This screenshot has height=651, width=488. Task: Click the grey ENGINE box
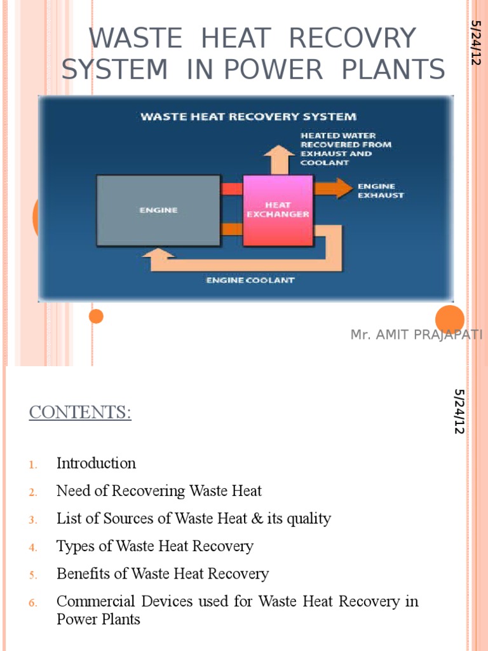[158, 210]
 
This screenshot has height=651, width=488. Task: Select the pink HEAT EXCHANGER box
[278, 210]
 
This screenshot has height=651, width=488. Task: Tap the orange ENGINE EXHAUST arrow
[334, 188]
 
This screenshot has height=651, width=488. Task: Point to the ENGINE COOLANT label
[250, 280]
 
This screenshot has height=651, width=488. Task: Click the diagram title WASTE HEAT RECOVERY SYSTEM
[248, 116]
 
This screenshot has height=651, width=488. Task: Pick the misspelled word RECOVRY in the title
[352, 39]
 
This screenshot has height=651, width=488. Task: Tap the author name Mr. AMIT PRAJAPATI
[416, 335]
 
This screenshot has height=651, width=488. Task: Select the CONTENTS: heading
[80, 413]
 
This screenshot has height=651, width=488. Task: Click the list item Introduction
[96, 463]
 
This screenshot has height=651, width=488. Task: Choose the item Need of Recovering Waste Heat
[159, 491]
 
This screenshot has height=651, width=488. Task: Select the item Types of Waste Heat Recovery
[155, 546]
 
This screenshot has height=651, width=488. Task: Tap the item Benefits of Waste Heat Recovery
[163, 574]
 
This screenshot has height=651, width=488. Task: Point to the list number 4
[33, 547]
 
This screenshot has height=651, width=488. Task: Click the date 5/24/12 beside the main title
[474, 43]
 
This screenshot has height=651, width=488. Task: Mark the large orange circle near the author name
[450, 320]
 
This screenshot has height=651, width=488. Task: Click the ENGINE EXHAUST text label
[381, 191]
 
